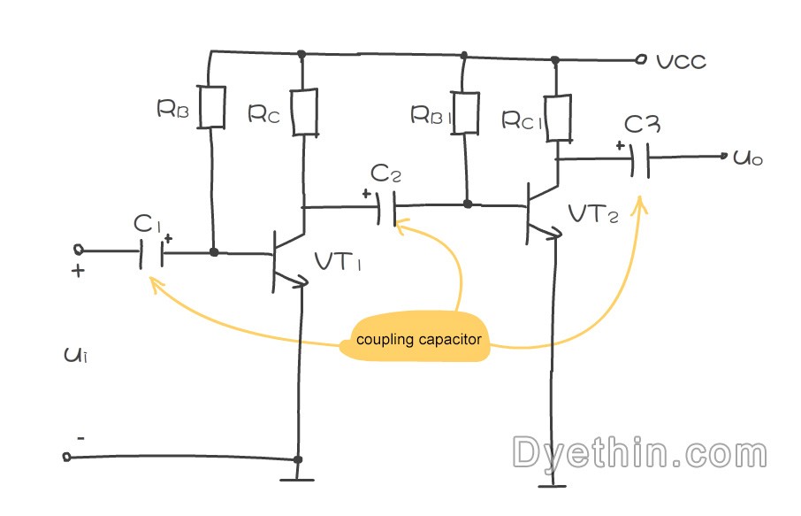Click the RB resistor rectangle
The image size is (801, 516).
coord(211,107)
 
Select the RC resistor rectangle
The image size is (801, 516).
coord(304,112)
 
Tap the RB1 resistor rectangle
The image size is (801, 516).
coord(465,113)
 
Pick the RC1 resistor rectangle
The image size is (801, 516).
coord(558,118)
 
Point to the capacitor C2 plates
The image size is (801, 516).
coord(386,208)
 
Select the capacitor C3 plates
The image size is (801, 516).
coord(640,160)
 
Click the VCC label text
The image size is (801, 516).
coord(682,62)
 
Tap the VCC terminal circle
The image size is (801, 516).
coord(641,60)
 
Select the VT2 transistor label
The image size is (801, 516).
coord(593,214)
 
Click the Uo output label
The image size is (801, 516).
coord(748,158)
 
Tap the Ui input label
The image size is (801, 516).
coord(76,354)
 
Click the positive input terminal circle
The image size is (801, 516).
coord(79,250)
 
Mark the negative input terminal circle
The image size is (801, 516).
coord(67,457)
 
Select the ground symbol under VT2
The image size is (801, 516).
coord(553,485)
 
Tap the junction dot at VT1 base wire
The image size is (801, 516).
coord(214,252)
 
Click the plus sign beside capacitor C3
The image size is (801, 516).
coord(620,146)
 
